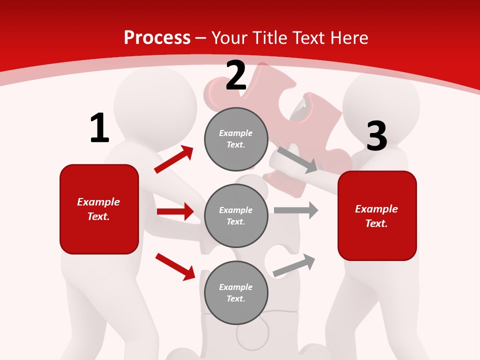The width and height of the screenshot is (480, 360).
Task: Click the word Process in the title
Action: click(x=157, y=38)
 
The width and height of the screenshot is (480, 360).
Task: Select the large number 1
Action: click(x=99, y=128)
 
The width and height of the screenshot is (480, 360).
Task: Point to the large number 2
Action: click(x=236, y=76)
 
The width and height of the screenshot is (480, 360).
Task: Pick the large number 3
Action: click(x=377, y=136)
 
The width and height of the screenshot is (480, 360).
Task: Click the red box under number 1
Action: click(x=99, y=209)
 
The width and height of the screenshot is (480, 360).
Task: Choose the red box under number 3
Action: click(x=377, y=215)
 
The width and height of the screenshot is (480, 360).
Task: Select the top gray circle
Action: click(x=236, y=139)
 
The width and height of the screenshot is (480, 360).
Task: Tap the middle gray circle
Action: click(x=236, y=215)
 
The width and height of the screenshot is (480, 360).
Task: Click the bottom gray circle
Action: click(x=236, y=292)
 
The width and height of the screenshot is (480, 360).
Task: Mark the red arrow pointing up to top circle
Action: click(x=174, y=159)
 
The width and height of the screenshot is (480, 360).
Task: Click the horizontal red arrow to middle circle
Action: click(x=175, y=211)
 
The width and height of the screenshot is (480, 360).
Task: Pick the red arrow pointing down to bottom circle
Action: click(x=175, y=266)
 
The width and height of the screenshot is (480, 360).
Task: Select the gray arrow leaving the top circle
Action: click(x=297, y=159)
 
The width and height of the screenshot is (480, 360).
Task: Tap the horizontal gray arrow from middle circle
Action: click(x=296, y=210)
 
